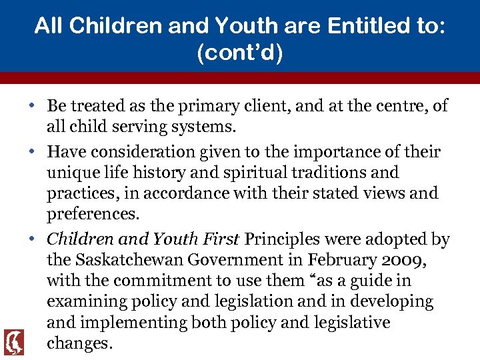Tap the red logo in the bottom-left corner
[13, 342]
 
